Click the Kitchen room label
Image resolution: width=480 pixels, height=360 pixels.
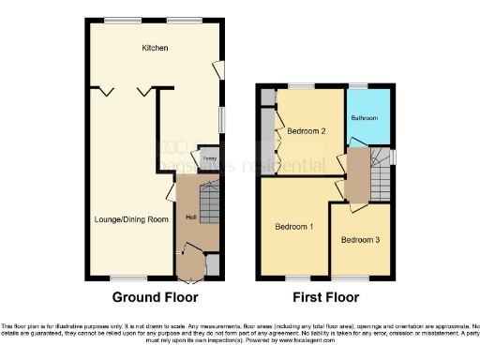tap(155, 48)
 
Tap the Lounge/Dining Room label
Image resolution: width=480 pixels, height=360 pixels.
tap(131, 219)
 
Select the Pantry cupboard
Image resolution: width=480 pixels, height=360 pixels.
tap(208, 160)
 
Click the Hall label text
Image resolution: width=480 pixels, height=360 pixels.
tap(190, 218)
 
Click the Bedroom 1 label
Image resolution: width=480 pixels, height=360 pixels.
tap(294, 227)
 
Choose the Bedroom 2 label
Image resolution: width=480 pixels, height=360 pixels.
tap(307, 131)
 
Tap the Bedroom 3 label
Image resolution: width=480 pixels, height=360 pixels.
tap(360, 240)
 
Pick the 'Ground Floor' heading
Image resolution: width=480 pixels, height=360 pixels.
tap(155, 298)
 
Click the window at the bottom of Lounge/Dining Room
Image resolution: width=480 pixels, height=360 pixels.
tap(122, 277)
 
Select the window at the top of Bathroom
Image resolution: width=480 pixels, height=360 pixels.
tap(360, 86)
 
